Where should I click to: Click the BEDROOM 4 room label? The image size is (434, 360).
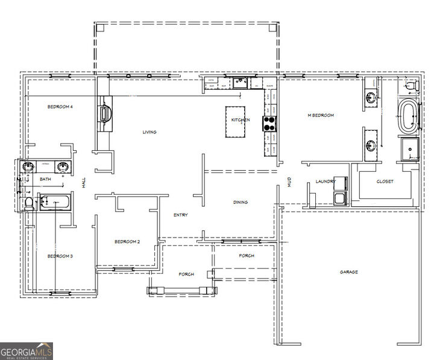pyautogui.click(x=60, y=107)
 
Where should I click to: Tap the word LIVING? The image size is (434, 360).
pyautogui.click(x=149, y=132)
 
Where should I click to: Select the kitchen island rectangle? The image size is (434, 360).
pyautogui.click(x=238, y=122)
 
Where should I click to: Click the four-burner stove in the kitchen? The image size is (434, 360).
pyautogui.click(x=269, y=124)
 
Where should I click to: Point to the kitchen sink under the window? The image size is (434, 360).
pyautogui.click(x=240, y=83)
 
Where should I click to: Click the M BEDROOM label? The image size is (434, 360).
pyautogui.click(x=321, y=115)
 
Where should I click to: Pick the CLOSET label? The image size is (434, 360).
pyautogui.click(x=385, y=182)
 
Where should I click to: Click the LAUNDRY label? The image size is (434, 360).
pyautogui.click(x=324, y=182)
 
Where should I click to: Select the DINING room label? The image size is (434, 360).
pyautogui.click(x=241, y=202)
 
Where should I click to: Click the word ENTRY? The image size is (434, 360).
pyautogui.click(x=180, y=215)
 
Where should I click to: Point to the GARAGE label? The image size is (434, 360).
pyautogui.click(x=348, y=272)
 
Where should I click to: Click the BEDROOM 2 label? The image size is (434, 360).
pyautogui.click(x=127, y=242)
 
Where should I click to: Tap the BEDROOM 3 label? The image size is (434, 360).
pyautogui.click(x=60, y=256)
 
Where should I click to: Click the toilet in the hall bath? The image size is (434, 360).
pyautogui.click(x=28, y=203)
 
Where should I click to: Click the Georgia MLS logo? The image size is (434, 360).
pyautogui.click(x=27, y=350)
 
